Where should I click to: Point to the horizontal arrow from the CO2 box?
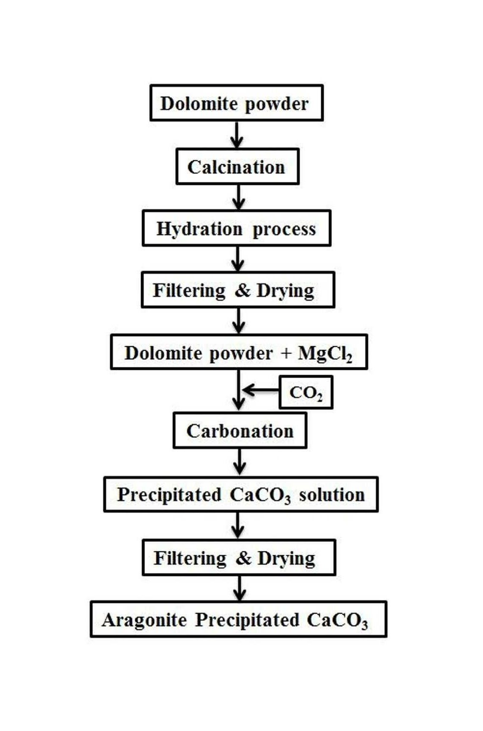click(261, 390)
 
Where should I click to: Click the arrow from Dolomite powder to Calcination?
click(237, 135)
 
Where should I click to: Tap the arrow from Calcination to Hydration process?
click(239, 197)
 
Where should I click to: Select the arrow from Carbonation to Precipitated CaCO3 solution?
click(240, 463)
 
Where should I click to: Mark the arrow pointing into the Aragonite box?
click(240, 588)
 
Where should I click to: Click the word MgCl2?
click(325, 353)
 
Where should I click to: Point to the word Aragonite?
click(144, 620)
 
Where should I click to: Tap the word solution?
click(332, 494)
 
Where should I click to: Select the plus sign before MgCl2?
click(285, 353)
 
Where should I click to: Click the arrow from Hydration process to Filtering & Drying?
click(238, 259)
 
